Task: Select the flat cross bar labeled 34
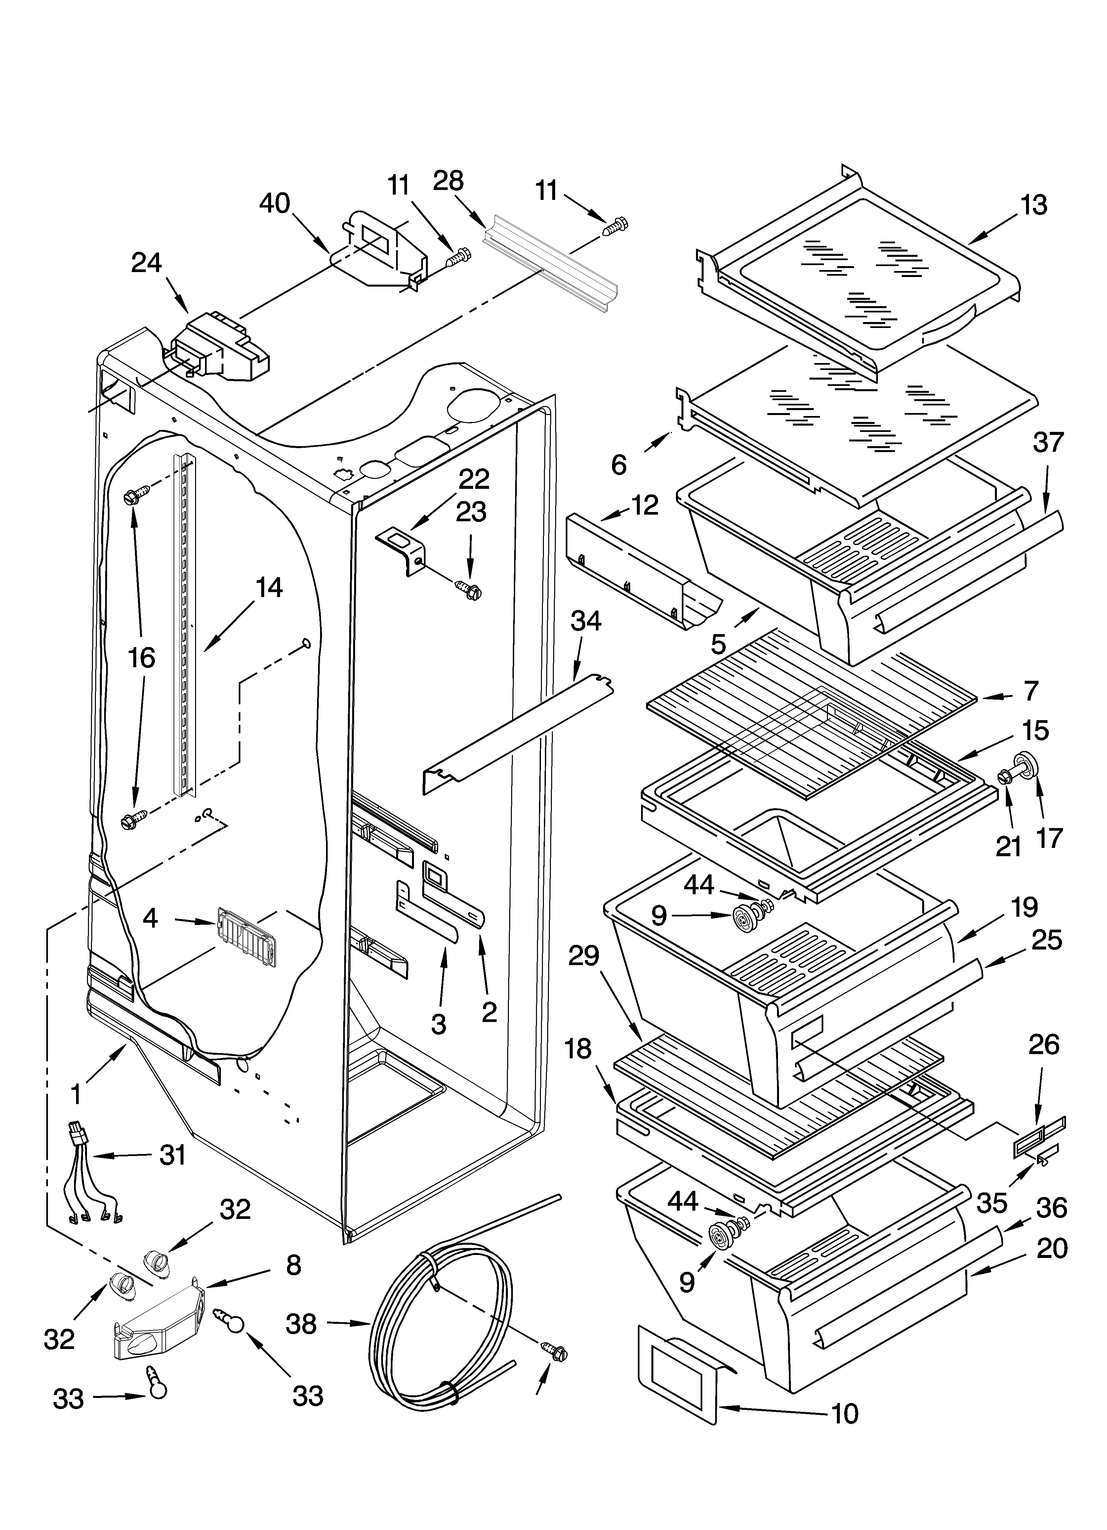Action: click(519, 732)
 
